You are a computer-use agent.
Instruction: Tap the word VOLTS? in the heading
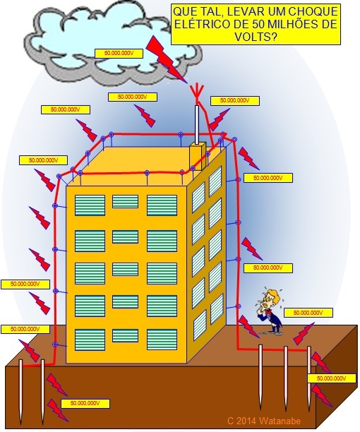(x=256, y=37)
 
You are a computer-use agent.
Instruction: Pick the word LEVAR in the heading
(x=227, y=11)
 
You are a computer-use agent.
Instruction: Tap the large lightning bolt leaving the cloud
(x=166, y=60)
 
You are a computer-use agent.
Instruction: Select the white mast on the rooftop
(x=197, y=124)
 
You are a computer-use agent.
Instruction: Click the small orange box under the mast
(x=198, y=156)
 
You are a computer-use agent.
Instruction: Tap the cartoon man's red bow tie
(x=268, y=312)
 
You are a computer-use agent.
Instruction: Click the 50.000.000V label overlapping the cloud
(x=119, y=54)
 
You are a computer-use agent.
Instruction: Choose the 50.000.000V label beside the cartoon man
(x=308, y=313)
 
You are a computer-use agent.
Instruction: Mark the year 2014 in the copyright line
(x=246, y=421)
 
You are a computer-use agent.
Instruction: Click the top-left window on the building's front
(x=90, y=205)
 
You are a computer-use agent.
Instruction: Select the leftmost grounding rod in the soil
(x=21, y=392)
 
